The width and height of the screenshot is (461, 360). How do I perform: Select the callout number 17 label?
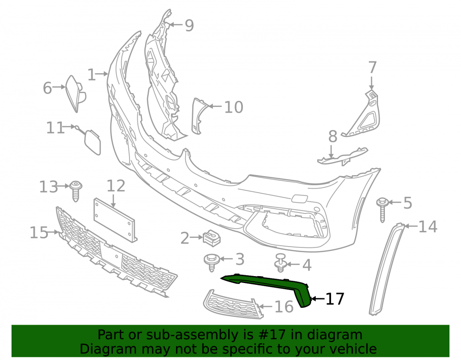(x=335, y=299)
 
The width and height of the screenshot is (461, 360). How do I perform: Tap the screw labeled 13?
(x=76, y=191)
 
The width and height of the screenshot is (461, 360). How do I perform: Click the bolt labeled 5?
(x=382, y=210)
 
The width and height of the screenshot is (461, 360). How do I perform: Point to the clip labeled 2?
(x=212, y=237)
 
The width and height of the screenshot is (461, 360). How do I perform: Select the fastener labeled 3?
(x=212, y=262)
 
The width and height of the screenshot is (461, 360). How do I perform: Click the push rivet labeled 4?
(x=280, y=262)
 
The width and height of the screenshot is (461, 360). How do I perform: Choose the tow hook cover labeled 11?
(x=93, y=142)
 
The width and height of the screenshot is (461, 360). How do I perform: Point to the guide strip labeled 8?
(x=343, y=156)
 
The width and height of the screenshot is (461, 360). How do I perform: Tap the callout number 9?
(x=189, y=25)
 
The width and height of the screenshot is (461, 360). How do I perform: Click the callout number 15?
(x=39, y=233)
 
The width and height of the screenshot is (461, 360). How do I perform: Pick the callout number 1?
(x=92, y=75)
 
